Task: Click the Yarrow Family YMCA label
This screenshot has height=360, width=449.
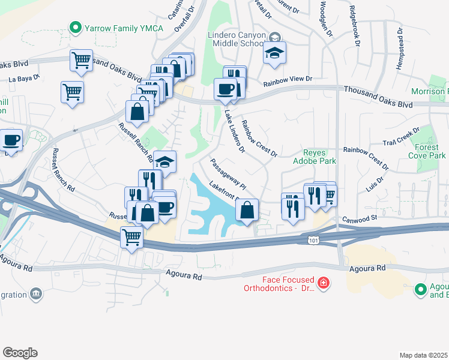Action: pyautogui.click(x=116, y=27)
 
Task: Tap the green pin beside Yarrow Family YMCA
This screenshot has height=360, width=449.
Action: pyautogui.click(x=76, y=27)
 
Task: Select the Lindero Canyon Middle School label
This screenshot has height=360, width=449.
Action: pyautogui.click(x=235, y=40)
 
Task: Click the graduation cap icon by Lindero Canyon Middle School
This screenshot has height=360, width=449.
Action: pyautogui.click(x=275, y=53)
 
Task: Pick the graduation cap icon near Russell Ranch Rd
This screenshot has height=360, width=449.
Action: pyautogui.click(x=164, y=161)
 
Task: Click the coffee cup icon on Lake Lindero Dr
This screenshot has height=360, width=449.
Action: pyautogui.click(x=226, y=89)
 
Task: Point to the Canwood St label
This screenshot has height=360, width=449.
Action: pyautogui.click(x=358, y=219)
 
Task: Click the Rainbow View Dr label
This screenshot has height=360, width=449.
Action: pyautogui.click(x=288, y=79)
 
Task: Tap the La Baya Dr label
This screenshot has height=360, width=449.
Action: pyautogui.click(x=24, y=77)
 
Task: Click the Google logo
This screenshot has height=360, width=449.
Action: pyautogui.click(x=20, y=353)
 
